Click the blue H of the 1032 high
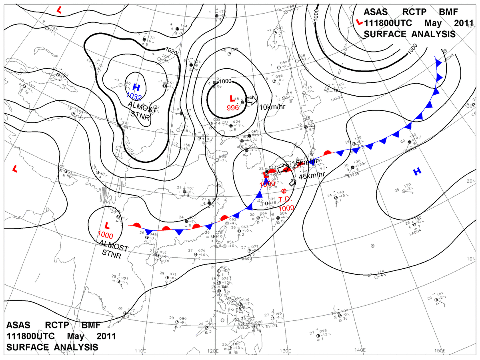[x=136, y=87]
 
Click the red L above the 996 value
[x=232, y=98]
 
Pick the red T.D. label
[x=286, y=200]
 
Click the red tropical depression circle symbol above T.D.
[x=284, y=191]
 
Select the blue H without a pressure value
[x=417, y=172]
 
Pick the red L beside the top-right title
[x=360, y=22]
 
